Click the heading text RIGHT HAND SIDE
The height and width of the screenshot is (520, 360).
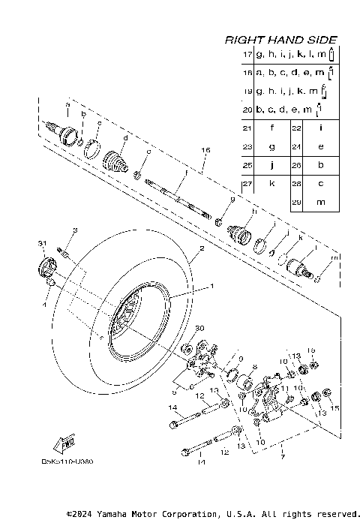pyautogui.click(x=281, y=40)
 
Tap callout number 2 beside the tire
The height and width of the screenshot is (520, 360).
pyautogui.click(x=202, y=248)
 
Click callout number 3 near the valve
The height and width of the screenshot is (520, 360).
pyautogui.click(x=75, y=230)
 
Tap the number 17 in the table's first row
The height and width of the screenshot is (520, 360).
pyautogui.click(x=247, y=56)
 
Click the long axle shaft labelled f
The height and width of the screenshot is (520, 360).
pyautogui.click(x=178, y=196)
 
